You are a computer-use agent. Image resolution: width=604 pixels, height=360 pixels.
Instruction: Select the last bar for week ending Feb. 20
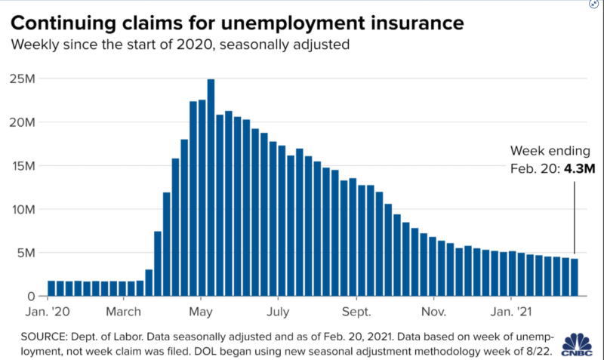(x=575, y=277)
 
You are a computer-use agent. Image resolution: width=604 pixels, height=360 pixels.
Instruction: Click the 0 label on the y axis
(x=31, y=296)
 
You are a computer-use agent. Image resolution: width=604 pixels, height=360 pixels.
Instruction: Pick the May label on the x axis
(x=201, y=310)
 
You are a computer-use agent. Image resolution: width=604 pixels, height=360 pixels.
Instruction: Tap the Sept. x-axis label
(x=356, y=310)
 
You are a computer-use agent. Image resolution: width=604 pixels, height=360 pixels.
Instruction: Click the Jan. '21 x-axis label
(x=510, y=310)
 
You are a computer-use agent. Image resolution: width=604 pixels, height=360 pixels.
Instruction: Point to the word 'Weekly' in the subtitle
(x=33, y=45)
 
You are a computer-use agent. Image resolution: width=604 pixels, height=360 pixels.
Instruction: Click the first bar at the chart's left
(x=51, y=288)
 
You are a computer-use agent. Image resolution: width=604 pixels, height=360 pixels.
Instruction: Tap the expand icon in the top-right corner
(x=594, y=5)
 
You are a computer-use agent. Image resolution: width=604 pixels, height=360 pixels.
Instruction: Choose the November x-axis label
(x=433, y=310)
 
